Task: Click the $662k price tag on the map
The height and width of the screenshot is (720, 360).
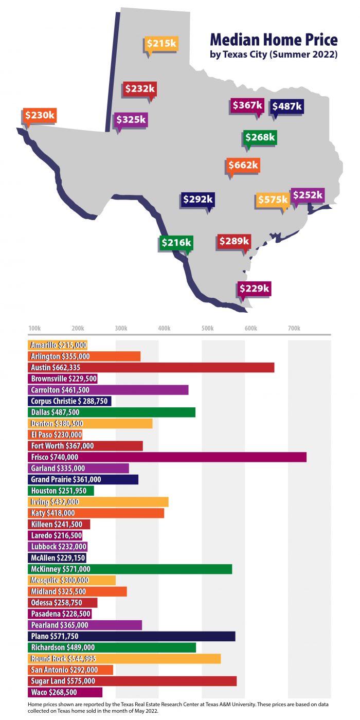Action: pyautogui.click(x=243, y=166)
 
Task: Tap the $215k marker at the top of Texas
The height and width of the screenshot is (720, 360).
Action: pyautogui.click(x=161, y=44)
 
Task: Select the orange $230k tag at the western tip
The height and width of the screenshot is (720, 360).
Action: pyautogui.click(x=40, y=115)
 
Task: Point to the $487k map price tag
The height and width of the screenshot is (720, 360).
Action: pyautogui.click(x=287, y=106)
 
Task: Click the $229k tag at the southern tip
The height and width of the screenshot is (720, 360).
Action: pyautogui.click(x=254, y=289)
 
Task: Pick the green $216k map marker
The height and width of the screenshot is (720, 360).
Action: pyautogui.click(x=176, y=242)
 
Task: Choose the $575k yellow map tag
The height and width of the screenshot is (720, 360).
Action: pyautogui.click(x=273, y=200)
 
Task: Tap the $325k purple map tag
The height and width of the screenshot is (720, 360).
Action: pyautogui.click(x=131, y=120)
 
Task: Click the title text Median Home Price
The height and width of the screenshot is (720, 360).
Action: pyautogui.click(x=274, y=40)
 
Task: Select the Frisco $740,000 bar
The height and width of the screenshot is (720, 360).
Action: pyautogui.click(x=167, y=457)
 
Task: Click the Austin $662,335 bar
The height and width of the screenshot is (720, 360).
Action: pyautogui.click(x=151, y=367)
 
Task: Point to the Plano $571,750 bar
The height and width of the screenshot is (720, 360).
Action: pyautogui.click(x=131, y=636)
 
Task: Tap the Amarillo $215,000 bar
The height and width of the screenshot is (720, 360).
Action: pyautogui.click(x=58, y=345)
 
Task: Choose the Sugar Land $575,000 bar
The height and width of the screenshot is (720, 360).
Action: pyautogui.click(x=132, y=680)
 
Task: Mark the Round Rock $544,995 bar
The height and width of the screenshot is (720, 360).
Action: pyautogui.click(x=124, y=658)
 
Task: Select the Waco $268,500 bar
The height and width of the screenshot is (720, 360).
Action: pyautogui.click(x=65, y=692)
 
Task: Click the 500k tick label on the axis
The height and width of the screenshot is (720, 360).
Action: pyautogui.click(x=207, y=328)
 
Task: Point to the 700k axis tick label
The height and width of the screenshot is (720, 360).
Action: pyautogui.click(x=294, y=328)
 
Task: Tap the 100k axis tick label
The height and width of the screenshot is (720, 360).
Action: pyautogui.click(x=35, y=328)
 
